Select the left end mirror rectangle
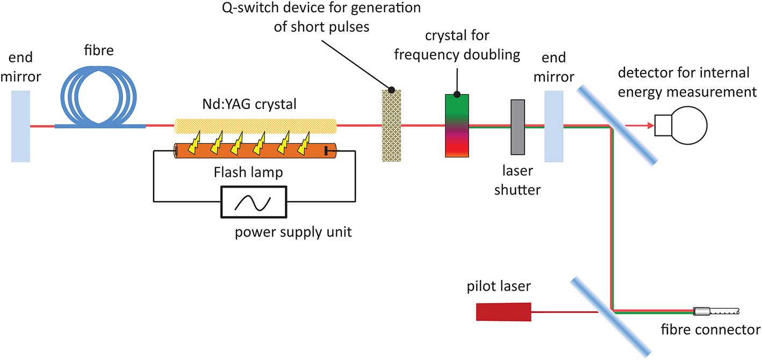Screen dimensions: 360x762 pos(20,126)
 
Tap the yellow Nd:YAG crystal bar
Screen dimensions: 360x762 pos(255,126)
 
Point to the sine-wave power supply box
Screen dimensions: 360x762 pos(254,201)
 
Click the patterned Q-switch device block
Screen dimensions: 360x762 pos(391,127)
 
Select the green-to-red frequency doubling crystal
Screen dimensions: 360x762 pos(457,126)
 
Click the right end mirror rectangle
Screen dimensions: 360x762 pos(554,127)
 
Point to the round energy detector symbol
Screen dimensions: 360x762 pos(685,126)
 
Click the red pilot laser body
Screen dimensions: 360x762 pos(504,312)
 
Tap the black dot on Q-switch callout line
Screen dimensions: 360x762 pos(392,90)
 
